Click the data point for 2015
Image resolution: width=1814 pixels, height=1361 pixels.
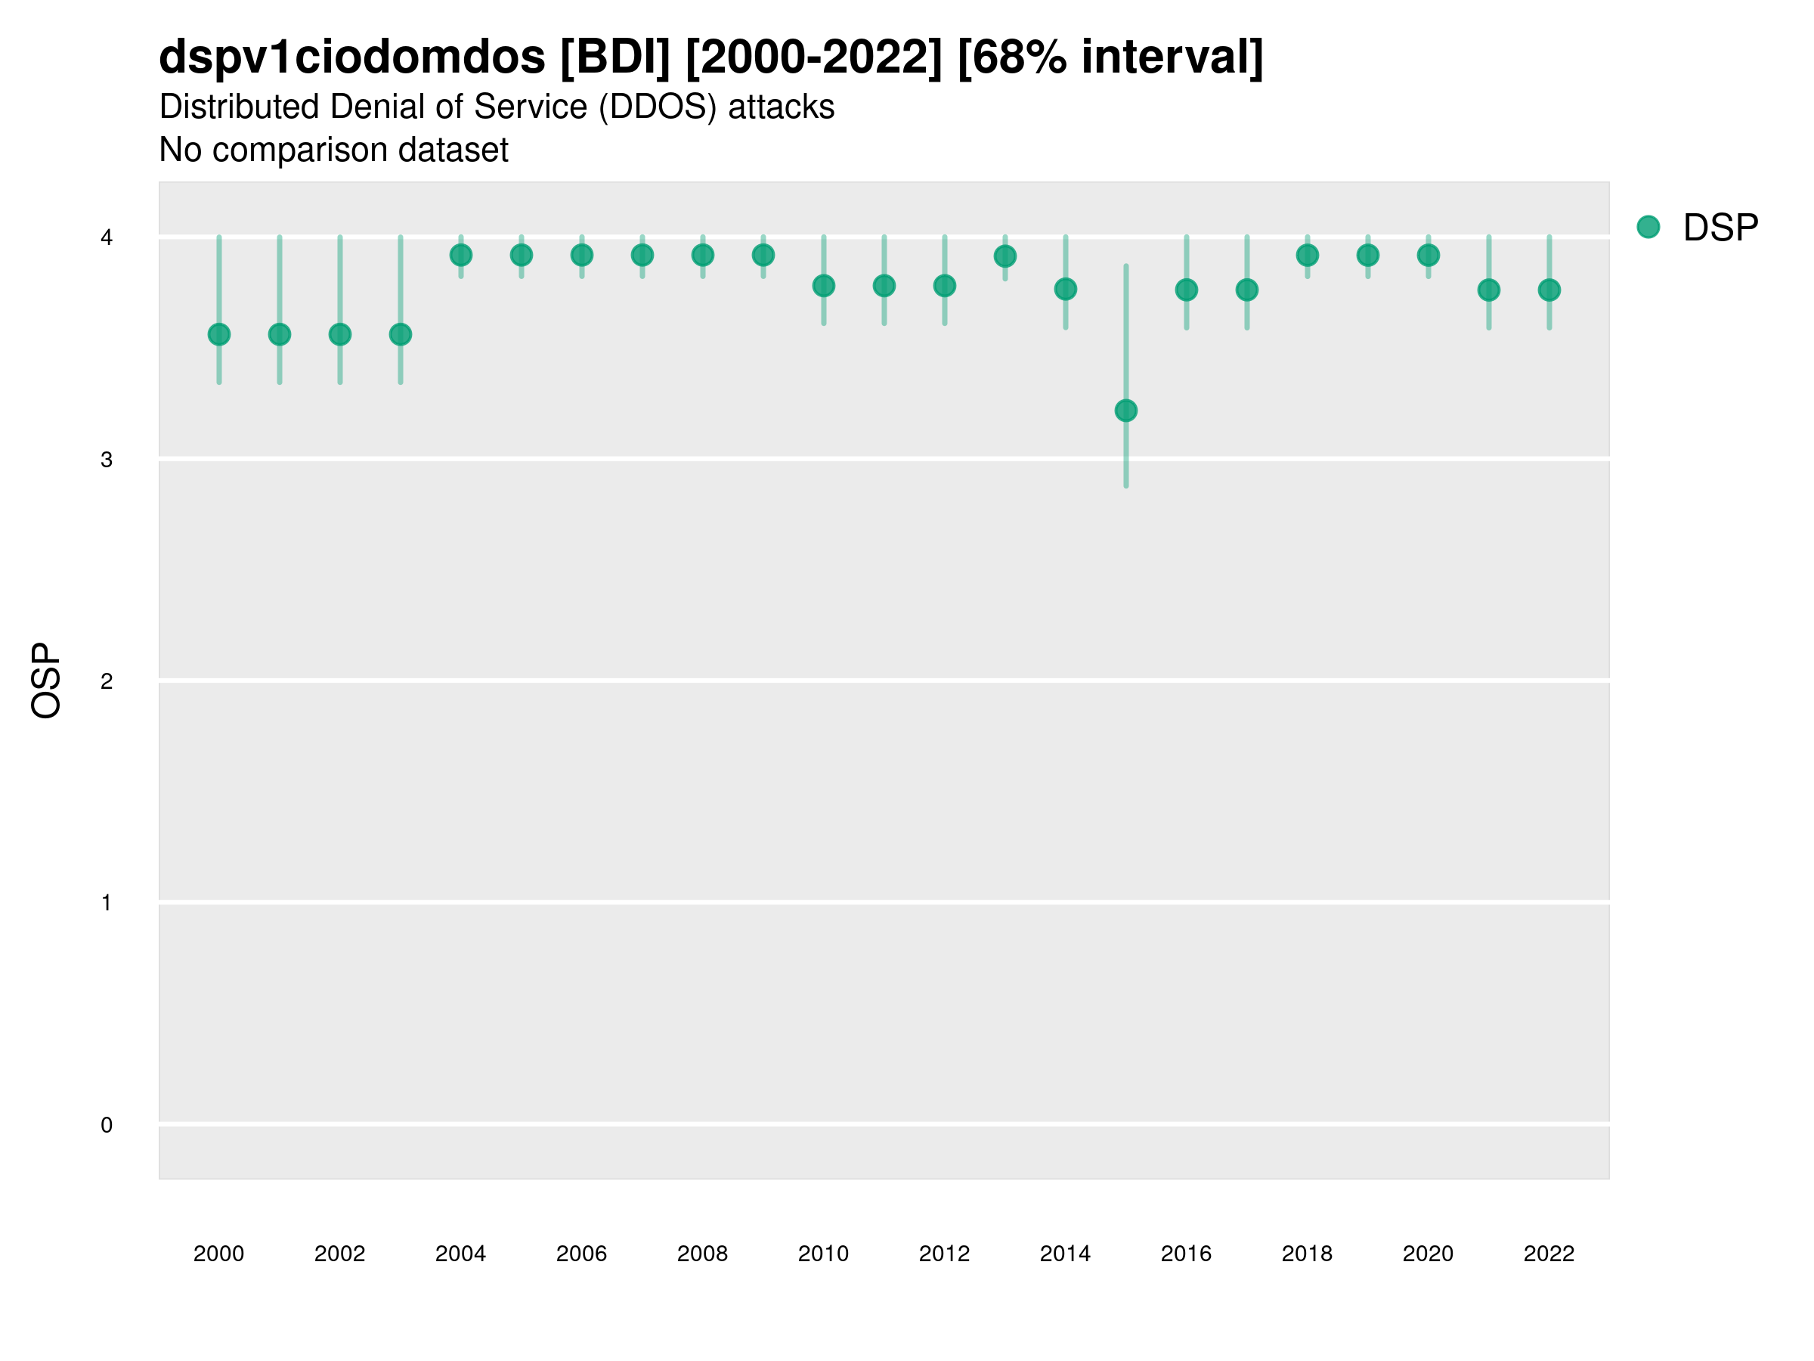coord(1126,410)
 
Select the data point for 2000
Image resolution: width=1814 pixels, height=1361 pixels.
coord(219,335)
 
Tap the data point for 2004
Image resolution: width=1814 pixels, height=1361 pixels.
coord(461,255)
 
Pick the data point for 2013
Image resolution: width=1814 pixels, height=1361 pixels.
coord(1005,257)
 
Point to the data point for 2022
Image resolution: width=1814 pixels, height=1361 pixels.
coord(1549,290)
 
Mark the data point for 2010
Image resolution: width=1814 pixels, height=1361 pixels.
coord(823,286)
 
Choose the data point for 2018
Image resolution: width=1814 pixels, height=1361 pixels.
coord(1307,255)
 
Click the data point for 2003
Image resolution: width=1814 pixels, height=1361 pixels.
coord(400,335)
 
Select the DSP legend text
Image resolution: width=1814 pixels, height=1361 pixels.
coord(1720,228)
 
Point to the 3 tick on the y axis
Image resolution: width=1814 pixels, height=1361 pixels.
coord(107,460)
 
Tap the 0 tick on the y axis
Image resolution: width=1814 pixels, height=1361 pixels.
coord(107,1125)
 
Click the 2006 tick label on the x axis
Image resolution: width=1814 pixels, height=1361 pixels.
coord(581,1254)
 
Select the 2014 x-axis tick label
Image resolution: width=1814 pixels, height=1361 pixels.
coord(1065,1254)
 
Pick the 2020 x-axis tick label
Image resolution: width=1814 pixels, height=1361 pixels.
coord(1428,1254)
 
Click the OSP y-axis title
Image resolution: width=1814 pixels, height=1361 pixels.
coord(46,680)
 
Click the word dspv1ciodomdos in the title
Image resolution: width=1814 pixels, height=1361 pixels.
coord(351,57)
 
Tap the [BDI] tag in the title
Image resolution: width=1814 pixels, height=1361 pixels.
coord(615,57)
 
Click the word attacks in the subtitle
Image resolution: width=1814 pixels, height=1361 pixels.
coord(781,107)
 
